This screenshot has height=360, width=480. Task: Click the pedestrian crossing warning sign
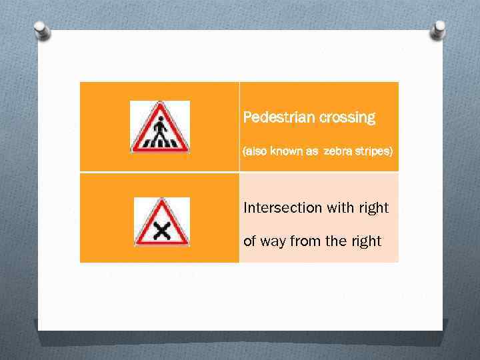[159, 127]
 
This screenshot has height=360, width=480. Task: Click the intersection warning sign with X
[161, 223]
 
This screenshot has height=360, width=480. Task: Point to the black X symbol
[161, 231]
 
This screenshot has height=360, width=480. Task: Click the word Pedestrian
[279, 118]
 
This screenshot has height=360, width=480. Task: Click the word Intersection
[283, 208]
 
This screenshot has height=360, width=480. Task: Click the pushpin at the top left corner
[42, 29]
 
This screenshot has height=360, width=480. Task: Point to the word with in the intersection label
[340, 208]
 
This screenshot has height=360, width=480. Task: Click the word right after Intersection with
[373, 208]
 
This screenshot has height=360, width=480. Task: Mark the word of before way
[249, 241]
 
